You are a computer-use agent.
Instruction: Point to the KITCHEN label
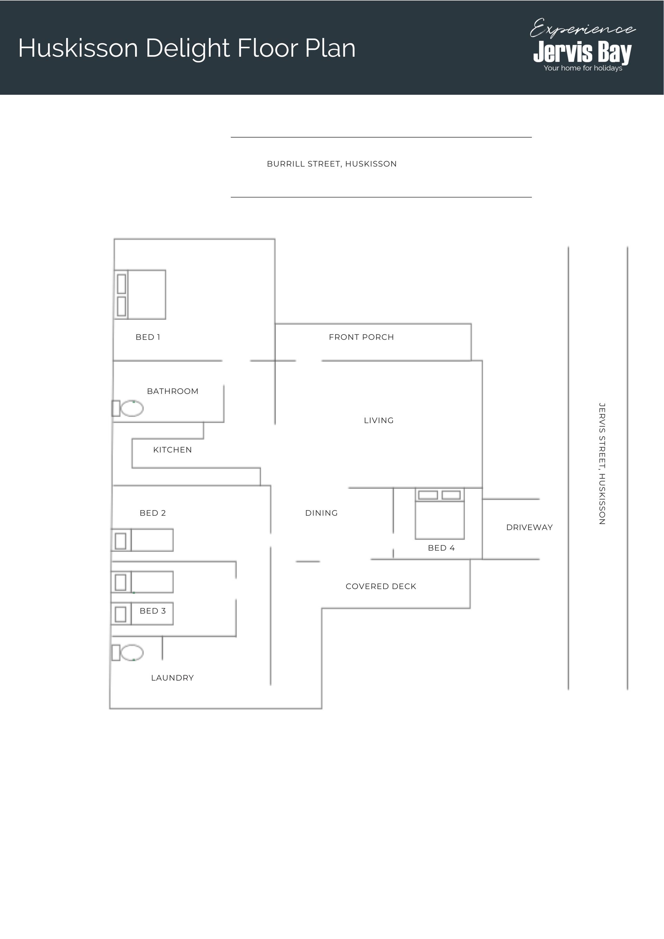[x=173, y=450]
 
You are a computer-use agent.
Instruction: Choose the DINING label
[x=321, y=513]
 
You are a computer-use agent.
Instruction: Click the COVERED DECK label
[x=381, y=586]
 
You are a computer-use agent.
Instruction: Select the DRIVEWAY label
[x=529, y=527]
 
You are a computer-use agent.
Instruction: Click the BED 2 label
[x=153, y=513]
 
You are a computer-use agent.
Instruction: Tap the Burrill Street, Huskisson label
[x=332, y=164]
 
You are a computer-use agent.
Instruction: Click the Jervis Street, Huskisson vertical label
[x=601, y=463]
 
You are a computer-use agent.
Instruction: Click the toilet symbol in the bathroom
[x=128, y=408]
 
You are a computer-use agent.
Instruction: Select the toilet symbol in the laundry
[x=128, y=653]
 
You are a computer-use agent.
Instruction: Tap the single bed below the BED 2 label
[x=142, y=540]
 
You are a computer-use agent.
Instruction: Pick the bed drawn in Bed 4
[x=440, y=514]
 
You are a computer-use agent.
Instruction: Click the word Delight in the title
[x=188, y=48]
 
